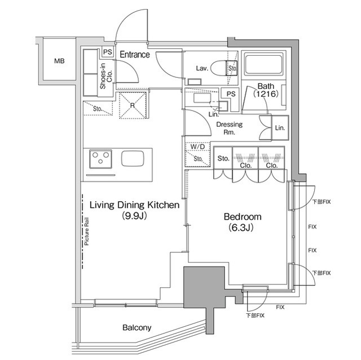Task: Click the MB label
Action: pos(59,61)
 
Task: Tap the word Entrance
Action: pos(135,55)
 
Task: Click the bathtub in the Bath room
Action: pos(263,64)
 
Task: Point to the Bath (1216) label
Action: pos(266,90)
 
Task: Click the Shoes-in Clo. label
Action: pos(106,76)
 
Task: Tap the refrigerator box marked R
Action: pos(133,105)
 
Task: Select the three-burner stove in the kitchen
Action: pos(100,159)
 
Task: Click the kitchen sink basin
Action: pos(133,158)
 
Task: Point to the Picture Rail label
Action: pos(86,231)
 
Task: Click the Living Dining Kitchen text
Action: pos(134,205)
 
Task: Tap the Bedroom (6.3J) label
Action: pos(243,222)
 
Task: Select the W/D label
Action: pos(197,146)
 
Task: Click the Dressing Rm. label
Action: pos(230,128)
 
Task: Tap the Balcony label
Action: pos(137,327)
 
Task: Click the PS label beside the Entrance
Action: pos(108,52)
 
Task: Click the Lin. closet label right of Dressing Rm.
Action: pos(280,128)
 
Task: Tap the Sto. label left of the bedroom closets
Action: pos(223,158)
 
